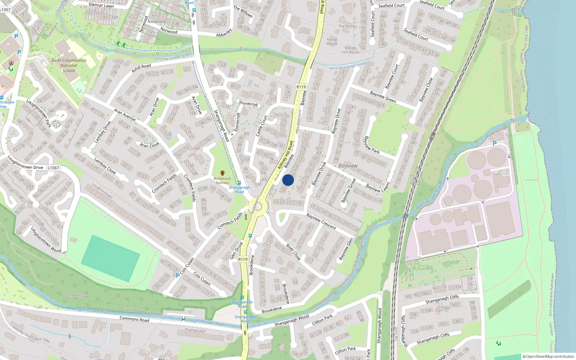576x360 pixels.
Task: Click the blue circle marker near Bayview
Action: (x=288, y=180)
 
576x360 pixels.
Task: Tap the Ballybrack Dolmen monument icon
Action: (x=222, y=173)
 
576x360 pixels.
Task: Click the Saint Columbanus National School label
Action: (x=69, y=66)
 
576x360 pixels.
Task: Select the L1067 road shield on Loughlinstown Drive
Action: (x=53, y=168)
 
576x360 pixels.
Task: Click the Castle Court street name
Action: (x=262, y=126)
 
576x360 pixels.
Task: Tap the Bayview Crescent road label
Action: (x=321, y=221)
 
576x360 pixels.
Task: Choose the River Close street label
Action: (x=293, y=252)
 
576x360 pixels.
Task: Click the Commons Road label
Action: (x=134, y=319)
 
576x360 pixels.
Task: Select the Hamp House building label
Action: (x=332, y=41)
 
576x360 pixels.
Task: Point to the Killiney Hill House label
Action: (x=351, y=50)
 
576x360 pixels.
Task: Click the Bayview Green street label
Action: (x=383, y=97)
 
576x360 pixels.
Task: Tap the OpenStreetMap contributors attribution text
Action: (x=548, y=356)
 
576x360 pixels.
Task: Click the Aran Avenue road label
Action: (x=125, y=114)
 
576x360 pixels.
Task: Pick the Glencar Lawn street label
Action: (x=101, y=5)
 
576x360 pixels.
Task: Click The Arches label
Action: (x=348, y=26)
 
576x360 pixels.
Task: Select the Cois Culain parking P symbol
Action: (x=177, y=276)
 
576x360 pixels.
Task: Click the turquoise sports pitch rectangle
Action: (x=111, y=258)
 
